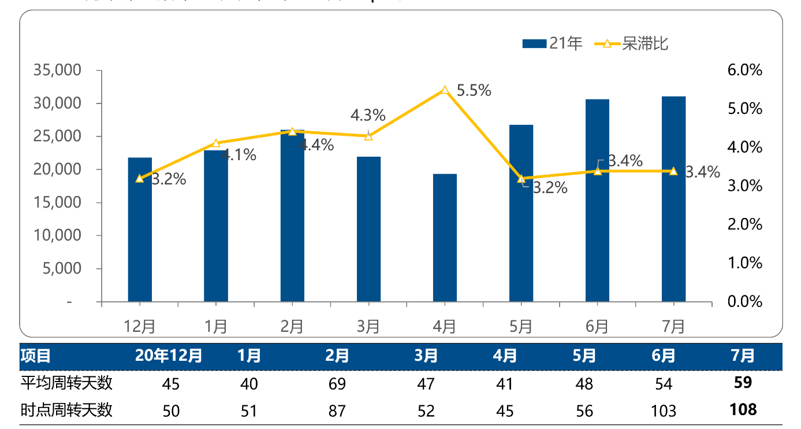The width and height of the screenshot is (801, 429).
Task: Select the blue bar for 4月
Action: [445, 238]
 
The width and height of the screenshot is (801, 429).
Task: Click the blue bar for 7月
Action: [673, 199]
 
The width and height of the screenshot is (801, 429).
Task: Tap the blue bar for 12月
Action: [140, 230]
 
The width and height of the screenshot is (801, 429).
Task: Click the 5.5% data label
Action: [474, 90]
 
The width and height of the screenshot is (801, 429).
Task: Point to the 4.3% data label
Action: [368, 115]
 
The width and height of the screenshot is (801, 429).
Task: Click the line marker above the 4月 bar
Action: [445, 90]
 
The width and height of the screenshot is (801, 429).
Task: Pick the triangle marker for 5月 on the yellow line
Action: [521, 179]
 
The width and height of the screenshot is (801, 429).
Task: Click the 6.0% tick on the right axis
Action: [745, 71]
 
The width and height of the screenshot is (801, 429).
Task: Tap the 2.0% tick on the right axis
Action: [745, 224]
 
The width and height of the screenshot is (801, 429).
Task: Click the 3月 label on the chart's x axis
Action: [368, 327]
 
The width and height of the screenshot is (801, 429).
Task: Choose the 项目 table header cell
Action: [36, 356]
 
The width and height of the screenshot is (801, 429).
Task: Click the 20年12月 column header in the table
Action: [169, 356]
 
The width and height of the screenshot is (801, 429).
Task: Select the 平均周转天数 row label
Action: [66, 383]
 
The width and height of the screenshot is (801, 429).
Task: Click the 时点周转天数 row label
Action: [66, 410]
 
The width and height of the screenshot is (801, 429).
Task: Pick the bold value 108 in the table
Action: [743, 410]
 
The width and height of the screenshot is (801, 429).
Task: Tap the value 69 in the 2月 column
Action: [337, 383]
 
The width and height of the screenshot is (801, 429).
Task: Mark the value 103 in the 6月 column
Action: [664, 410]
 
